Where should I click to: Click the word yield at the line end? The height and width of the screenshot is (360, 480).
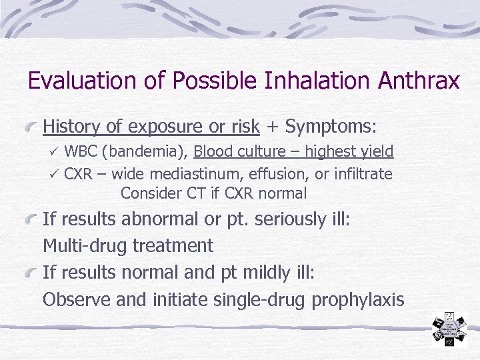tap(377, 152)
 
